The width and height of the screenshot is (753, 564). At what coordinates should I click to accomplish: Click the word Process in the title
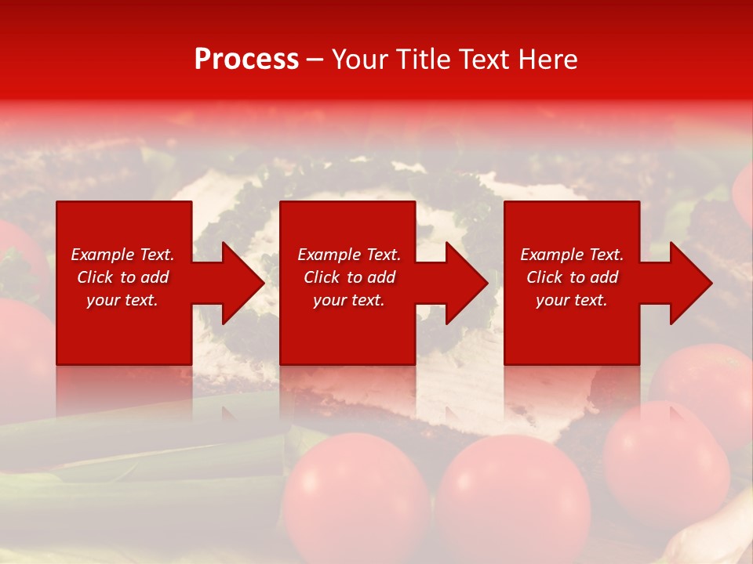tap(246, 60)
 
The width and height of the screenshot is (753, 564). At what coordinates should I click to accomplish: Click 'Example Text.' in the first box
tap(122, 255)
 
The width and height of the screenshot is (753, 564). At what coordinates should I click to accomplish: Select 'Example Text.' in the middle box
tap(349, 255)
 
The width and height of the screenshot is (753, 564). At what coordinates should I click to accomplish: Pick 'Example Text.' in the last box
tap(572, 255)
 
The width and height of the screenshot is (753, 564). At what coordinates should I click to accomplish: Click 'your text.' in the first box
tap(122, 300)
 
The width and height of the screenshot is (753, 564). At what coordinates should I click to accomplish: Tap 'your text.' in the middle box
tap(349, 300)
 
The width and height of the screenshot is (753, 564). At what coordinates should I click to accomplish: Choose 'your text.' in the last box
tap(572, 300)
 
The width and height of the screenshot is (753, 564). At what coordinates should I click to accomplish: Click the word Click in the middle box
tap(322, 277)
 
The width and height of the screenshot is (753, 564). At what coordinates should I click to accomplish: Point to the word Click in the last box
tap(544, 277)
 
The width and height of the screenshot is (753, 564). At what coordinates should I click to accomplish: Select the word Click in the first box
tap(95, 277)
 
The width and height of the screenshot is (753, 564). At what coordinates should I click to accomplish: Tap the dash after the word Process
tap(315, 60)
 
